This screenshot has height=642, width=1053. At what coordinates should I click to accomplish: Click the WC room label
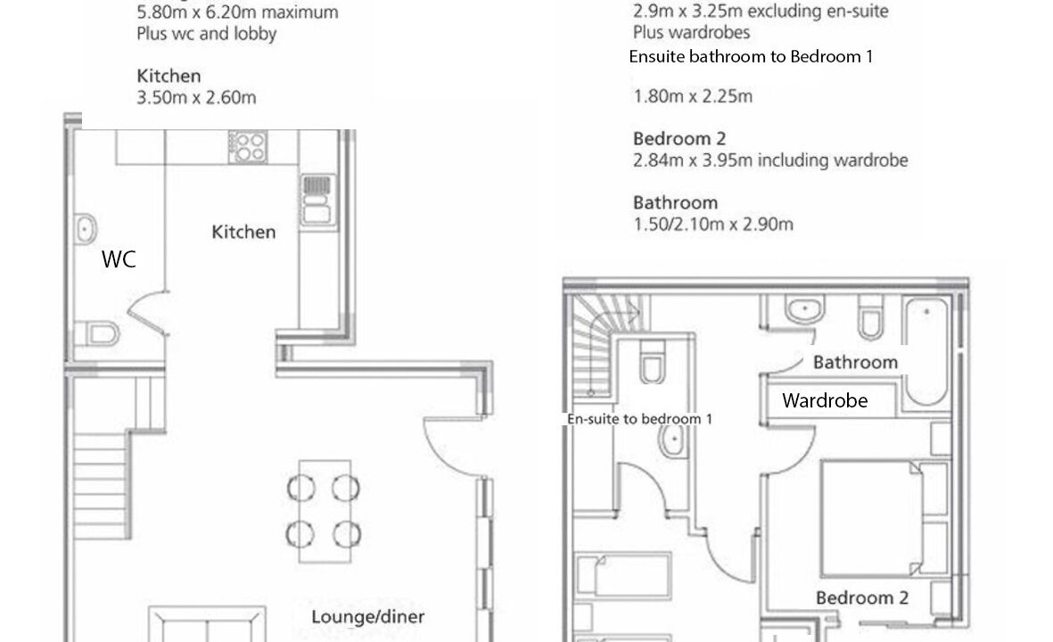(119, 259)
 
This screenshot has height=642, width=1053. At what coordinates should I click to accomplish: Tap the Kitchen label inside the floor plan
(243, 233)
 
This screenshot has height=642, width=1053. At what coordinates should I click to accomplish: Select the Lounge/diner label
(368, 616)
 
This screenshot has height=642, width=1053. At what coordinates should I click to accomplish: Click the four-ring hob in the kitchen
(248, 147)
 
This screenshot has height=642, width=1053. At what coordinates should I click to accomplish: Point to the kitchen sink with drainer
(317, 200)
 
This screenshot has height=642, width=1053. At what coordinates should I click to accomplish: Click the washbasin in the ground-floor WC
(85, 229)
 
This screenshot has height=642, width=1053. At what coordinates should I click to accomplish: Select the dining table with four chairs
(325, 512)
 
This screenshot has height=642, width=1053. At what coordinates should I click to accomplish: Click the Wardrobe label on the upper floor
(825, 401)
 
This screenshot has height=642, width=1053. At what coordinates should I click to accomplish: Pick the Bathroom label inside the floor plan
(856, 363)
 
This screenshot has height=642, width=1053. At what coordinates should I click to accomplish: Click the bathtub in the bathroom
(925, 351)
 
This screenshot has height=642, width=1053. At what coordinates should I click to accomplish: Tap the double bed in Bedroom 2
(872, 518)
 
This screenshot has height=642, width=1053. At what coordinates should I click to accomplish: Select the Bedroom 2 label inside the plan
(862, 597)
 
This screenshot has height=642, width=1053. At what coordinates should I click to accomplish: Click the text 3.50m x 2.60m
(196, 98)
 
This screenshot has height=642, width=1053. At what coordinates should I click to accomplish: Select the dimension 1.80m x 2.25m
(693, 96)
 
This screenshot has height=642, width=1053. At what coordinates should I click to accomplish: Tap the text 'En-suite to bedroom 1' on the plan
(639, 419)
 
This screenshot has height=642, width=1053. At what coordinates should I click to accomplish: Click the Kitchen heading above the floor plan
(169, 76)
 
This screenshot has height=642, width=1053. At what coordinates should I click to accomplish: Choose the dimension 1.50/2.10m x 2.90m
(713, 225)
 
